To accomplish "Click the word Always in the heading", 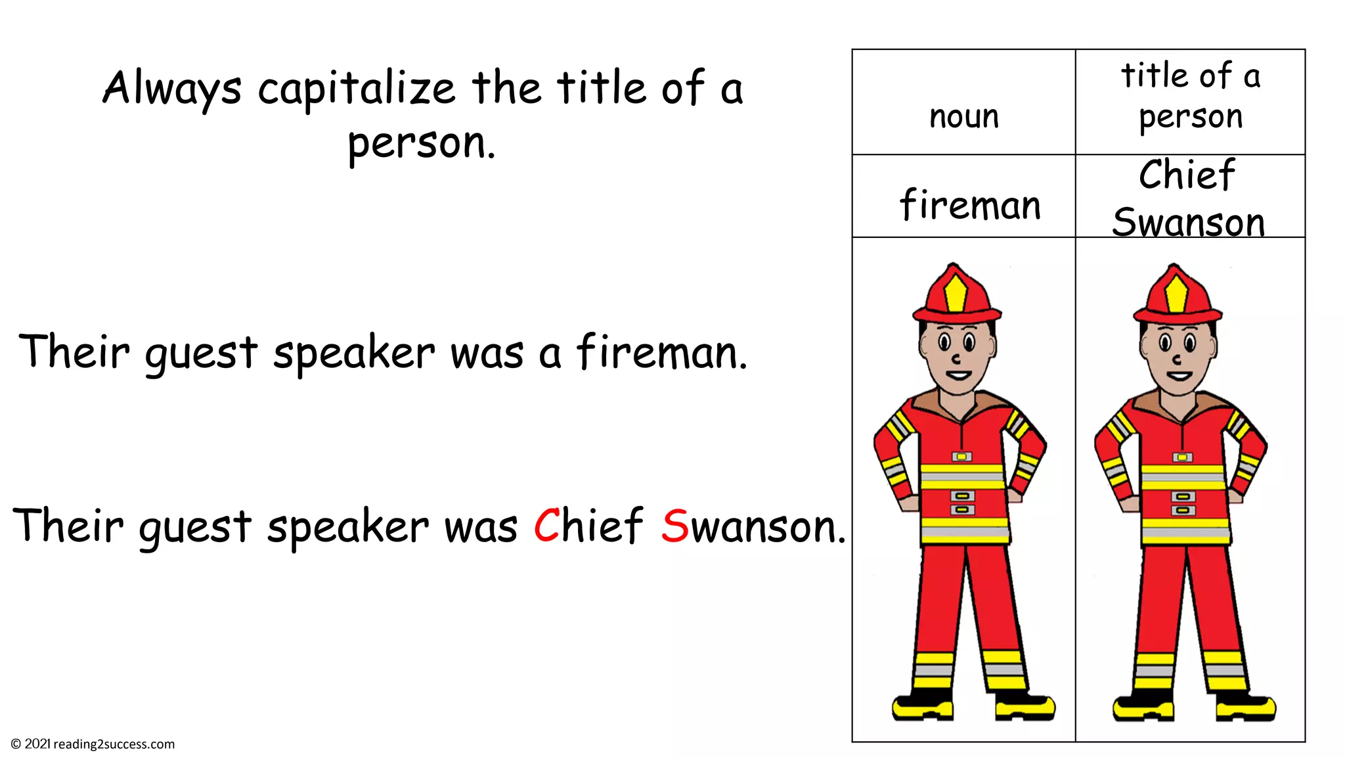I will (x=172, y=89).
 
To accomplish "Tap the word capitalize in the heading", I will (x=356, y=89).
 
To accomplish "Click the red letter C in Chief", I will (x=546, y=526).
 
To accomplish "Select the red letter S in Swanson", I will (x=674, y=526).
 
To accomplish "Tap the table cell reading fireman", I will (x=970, y=204).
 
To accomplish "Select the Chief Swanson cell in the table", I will (x=1188, y=197).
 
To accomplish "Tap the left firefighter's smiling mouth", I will (x=959, y=377).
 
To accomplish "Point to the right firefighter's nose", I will (x=1178, y=359).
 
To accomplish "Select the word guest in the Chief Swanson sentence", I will (x=194, y=527).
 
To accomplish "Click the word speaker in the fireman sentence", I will (x=354, y=353).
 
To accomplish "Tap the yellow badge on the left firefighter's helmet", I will (x=956, y=293).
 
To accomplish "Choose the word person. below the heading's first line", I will (x=421, y=143).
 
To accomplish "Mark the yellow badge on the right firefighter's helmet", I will (x=1177, y=293).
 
